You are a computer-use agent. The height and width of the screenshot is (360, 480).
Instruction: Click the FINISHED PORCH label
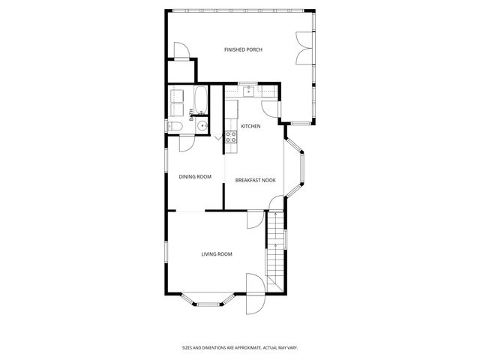click(x=243, y=49)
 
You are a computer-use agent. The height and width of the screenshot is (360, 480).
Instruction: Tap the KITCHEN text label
click(x=250, y=126)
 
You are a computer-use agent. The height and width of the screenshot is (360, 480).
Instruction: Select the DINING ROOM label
click(x=195, y=177)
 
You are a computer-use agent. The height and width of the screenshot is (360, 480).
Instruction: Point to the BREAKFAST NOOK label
click(x=255, y=180)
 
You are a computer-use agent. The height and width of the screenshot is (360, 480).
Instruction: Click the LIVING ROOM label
click(x=217, y=254)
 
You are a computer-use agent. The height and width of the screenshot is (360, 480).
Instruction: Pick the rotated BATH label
click(x=192, y=115)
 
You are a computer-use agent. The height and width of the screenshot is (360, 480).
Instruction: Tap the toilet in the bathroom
click(x=174, y=127)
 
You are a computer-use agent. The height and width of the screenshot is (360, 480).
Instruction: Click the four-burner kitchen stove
click(x=232, y=136)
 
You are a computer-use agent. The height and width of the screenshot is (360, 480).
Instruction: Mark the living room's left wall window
click(x=166, y=253)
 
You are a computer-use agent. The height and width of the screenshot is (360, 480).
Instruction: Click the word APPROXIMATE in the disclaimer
click(x=240, y=347)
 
